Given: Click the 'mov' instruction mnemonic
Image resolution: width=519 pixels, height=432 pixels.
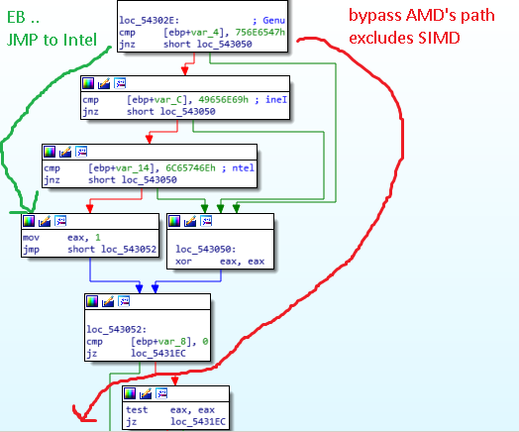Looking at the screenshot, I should point(32,238).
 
